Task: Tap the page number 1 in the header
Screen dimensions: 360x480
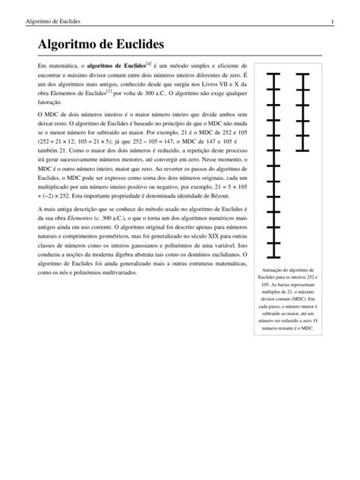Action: click(x=333, y=10)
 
